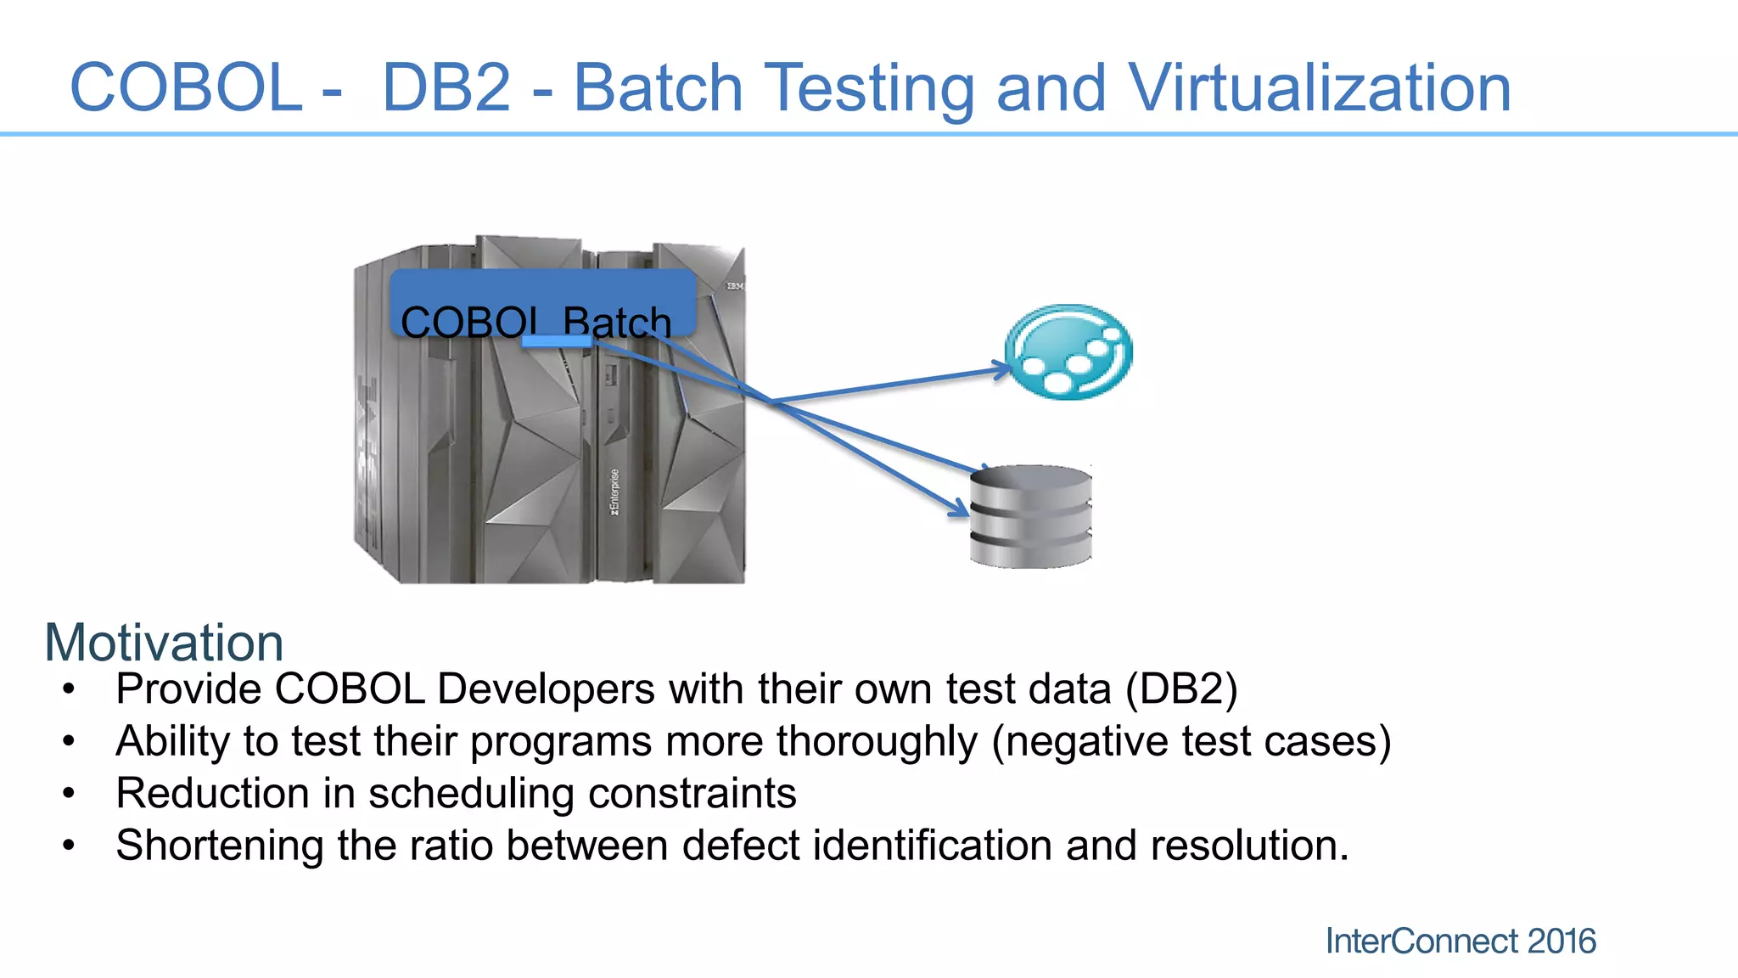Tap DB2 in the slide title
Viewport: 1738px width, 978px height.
pyautogui.click(x=446, y=87)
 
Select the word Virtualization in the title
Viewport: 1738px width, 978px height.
pyautogui.click(x=1320, y=87)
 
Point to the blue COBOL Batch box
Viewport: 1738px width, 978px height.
pyautogui.click(x=543, y=301)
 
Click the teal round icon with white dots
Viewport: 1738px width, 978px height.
pyautogui.click(x=1068, y=351)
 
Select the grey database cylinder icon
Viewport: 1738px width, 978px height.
pyautogui.click(x=1030, y=516)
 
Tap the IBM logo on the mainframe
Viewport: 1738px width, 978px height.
pyautogui.click(x=734, y=287)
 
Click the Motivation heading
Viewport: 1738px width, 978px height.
pyautogui.click(x=164, y=643)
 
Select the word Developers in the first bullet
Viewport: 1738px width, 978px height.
pyautogui.click(x=546, y=689)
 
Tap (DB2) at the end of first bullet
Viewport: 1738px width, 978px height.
pyautogui.click(x=1181, y=689)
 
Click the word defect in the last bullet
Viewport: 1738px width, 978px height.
pyautogui.click(x=741, y=846)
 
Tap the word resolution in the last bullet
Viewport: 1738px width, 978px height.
pyautogui.click(x=1247, y=846)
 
